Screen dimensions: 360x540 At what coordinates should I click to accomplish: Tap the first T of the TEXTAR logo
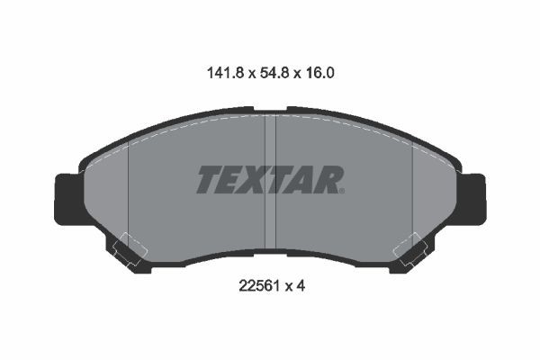[x=209, y=180]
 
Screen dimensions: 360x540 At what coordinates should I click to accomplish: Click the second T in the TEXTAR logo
[x=277, y=180]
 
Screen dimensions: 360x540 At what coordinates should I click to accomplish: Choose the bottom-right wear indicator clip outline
[x=412, y=249]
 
